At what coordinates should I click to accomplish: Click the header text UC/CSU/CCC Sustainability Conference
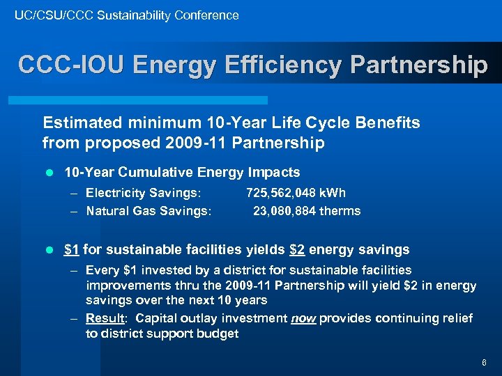point(127,15)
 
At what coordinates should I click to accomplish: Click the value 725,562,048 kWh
point(296,193)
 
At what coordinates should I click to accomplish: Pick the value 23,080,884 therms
point(307,210)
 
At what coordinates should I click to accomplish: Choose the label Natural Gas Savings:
point(149,210)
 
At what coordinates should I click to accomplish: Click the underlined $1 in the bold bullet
point(70,249)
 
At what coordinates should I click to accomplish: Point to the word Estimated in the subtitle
point(79,123)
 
